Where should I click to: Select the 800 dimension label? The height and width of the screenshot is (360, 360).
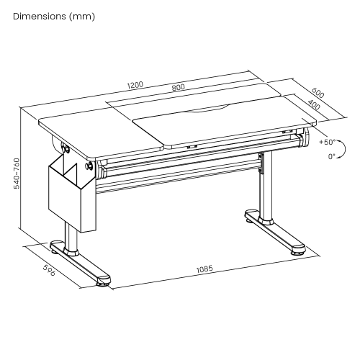pos(179,87)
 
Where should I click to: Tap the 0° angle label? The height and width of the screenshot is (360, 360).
pos(331,156)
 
